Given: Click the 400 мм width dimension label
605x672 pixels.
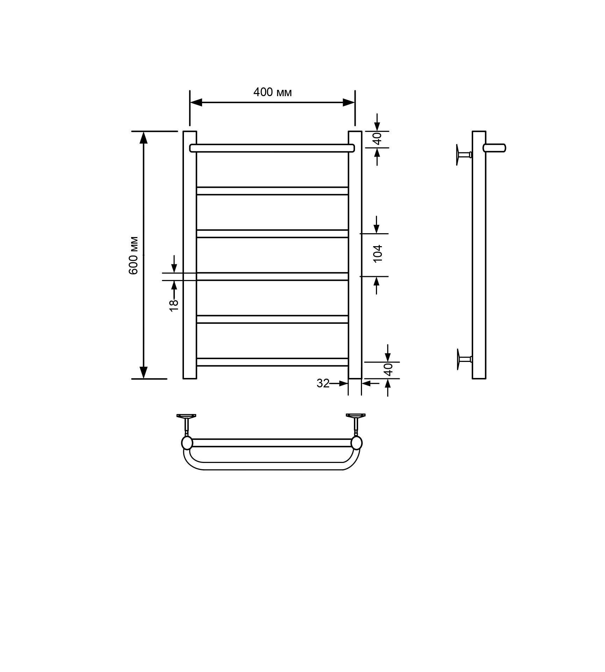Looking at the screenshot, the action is [x=272, y=92].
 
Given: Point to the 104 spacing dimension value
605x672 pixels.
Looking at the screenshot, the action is [x=378, y=253].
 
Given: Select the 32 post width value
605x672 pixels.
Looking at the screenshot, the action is [x=323, y=384].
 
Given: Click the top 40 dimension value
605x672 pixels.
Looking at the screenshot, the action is [x=377, y=139].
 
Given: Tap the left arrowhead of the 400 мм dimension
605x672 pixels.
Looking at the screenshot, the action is [x=196, y=102].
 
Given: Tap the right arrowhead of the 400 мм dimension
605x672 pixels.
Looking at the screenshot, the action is [x=349, y=102].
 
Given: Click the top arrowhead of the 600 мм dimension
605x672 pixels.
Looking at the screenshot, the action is [x=143, y=138].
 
